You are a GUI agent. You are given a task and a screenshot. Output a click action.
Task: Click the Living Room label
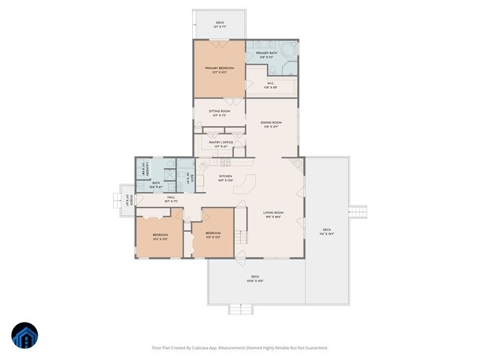(272, 214)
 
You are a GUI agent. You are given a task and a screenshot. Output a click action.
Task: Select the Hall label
(171, 199)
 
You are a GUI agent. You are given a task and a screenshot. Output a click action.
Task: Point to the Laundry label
(148, 168)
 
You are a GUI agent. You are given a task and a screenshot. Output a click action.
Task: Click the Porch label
(130, 199)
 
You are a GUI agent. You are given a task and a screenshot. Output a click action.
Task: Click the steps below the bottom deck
(238, 309)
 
